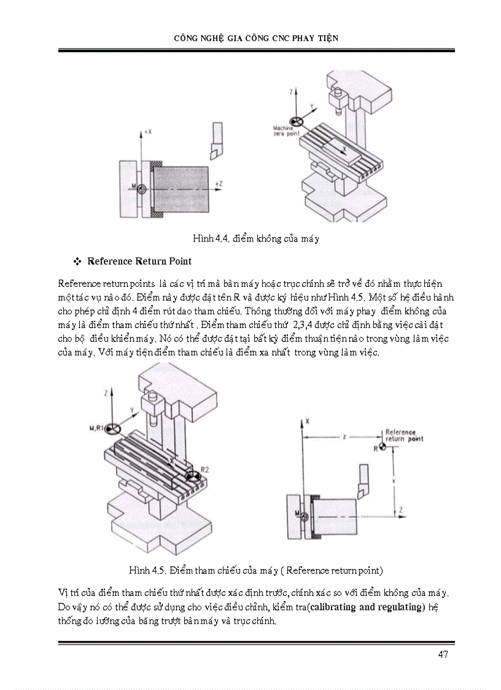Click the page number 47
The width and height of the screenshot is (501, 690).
(x=443, y=654)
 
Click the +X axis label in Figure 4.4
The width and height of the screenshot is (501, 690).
(x=147, y=131)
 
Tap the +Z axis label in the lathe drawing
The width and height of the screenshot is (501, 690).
(x=218, y=183)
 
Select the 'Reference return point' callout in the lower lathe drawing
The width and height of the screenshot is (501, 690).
(x=404, y=436)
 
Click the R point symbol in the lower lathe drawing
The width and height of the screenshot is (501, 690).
(x=383, y=447)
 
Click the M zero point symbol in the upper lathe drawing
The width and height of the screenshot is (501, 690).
(x=142, y=190)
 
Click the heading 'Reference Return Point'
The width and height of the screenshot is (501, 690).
(x=139, y=261)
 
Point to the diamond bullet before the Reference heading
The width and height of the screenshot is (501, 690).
(x=77, y=262)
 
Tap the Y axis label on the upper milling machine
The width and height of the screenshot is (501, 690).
(x=311, y=106)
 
